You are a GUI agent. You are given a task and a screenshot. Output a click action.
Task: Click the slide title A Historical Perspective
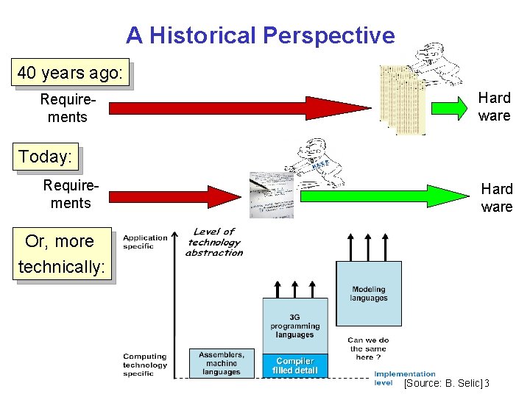click(260, 35)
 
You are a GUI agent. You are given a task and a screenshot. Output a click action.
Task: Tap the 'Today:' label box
click(46, 157)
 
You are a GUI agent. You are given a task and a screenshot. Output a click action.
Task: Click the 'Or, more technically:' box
click(60, 254)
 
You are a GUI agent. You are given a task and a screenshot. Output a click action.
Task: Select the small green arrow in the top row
click(449, 107)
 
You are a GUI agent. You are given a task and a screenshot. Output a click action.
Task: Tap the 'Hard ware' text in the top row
click(494, 107)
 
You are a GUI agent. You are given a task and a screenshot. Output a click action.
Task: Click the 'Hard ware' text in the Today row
click(497, 198)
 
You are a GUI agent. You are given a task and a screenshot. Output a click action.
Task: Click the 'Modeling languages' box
click(369, 293)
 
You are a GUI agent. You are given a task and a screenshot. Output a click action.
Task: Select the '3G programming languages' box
click(295, 326)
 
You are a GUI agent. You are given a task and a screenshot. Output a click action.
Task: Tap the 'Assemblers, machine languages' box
click(222, 362)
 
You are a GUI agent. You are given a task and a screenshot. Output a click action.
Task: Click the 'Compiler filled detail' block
click(295, 366)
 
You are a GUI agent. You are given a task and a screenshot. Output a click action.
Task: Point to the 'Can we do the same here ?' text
click(369, 348)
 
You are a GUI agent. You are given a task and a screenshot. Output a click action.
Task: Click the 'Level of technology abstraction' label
click(214, 242)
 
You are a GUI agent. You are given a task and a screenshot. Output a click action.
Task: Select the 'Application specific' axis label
click(145, 242)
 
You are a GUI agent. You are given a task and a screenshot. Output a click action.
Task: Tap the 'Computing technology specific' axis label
click(145, 365)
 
